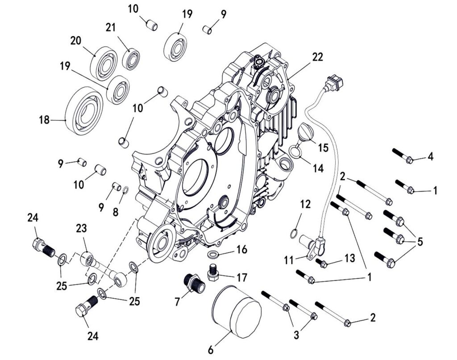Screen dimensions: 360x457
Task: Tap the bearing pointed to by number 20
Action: [x=104, y=63]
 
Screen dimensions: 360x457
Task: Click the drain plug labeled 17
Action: [x=213, y=272]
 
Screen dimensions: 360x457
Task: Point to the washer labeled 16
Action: [x=214, y=255]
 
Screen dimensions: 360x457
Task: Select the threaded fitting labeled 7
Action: [x=195, y=283]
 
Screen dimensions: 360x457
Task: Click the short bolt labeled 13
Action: [x=322, y=263]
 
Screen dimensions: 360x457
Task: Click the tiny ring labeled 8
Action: [x=125, y=191]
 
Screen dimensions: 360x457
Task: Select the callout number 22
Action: [x=317, y=57]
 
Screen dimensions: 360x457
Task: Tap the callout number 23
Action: [x=81, y=229]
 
